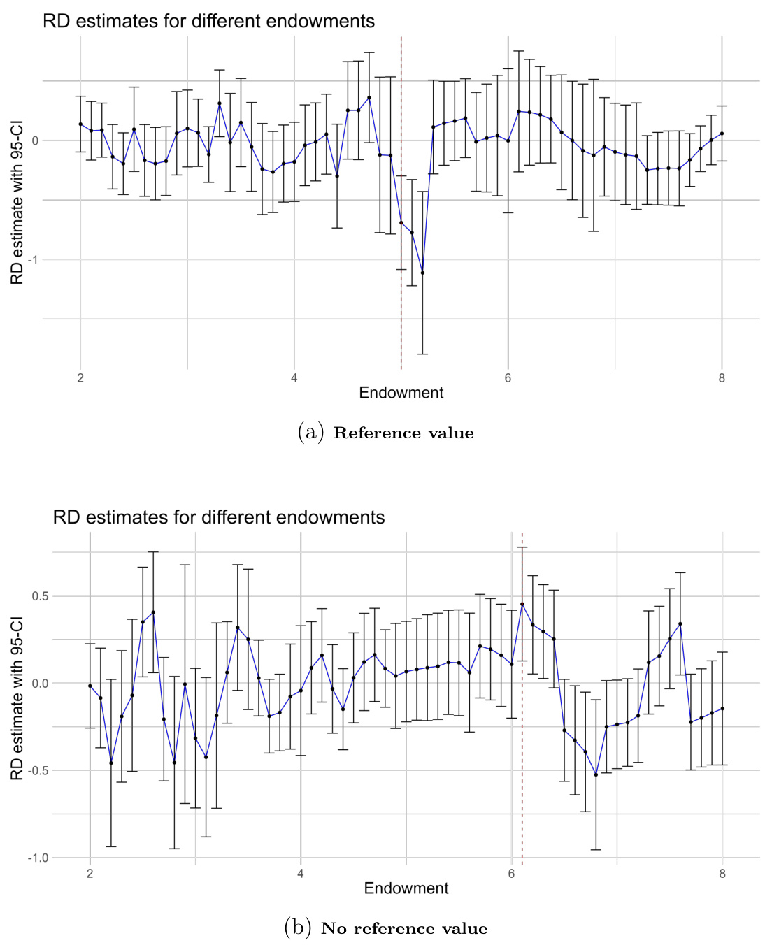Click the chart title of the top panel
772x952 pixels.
click(208, 21)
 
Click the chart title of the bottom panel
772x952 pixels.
click(219, 517)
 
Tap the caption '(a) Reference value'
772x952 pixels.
click(386, 433)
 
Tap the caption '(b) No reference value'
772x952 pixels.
click(386, 928)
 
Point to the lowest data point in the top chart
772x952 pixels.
click(422, 273)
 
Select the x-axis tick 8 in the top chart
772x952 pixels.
click(722, 378)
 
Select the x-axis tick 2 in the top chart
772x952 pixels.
click(80, 378)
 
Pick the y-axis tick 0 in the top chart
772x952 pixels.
click(35, 140)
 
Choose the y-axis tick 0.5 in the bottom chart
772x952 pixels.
click(39, 596)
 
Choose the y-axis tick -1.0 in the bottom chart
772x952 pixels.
click(38, 858)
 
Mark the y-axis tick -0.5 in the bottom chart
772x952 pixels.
click(38, 770)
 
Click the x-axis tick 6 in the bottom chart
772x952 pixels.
click(511, 873)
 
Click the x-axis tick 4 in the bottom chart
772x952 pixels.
click(301, 873)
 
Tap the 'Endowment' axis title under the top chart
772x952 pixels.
click(401, 393)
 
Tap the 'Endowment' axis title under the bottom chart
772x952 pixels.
click(406, 888)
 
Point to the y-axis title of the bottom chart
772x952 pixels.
click(17, 698)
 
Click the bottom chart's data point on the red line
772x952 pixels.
click(522, 604)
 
